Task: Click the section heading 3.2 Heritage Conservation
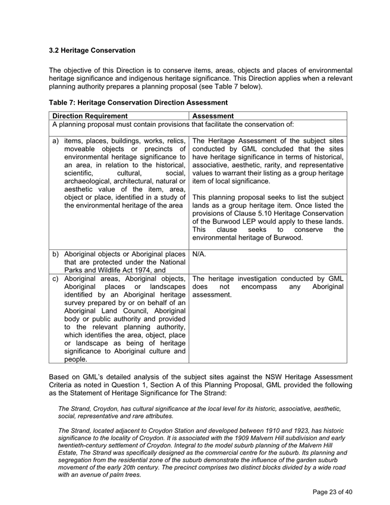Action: click(x=92, y=50)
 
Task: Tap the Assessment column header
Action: click(x=213, y=116)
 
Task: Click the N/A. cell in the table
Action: click(x=200, y=253)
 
